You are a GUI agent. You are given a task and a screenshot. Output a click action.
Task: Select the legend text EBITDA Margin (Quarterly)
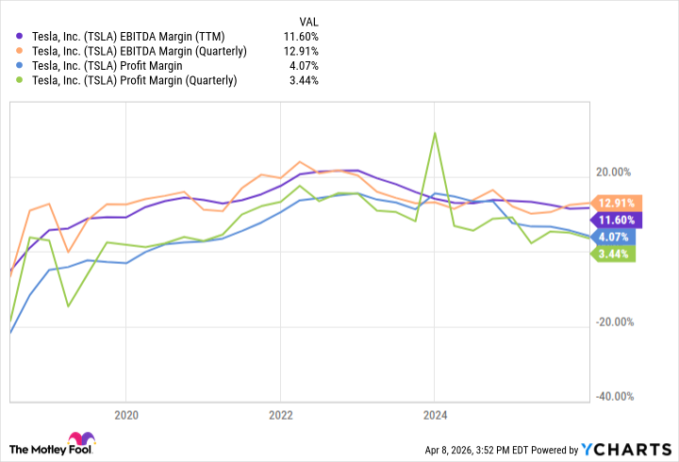pos(139,50)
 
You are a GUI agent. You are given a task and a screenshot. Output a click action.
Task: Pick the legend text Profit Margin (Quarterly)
pos(135,80)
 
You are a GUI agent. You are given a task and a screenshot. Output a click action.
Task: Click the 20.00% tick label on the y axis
pos(614,173)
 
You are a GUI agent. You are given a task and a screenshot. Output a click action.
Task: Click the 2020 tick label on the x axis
pos(126,414)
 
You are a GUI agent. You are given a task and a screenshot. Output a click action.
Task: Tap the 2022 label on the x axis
pos(280,414)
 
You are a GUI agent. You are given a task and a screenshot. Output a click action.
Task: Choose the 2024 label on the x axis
pos(435,414)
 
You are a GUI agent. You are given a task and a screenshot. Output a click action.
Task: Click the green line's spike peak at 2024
pos(435,132)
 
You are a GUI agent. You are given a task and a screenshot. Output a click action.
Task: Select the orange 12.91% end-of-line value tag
pos(614,202)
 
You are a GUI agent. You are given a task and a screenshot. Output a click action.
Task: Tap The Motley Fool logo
pos(53,444)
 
